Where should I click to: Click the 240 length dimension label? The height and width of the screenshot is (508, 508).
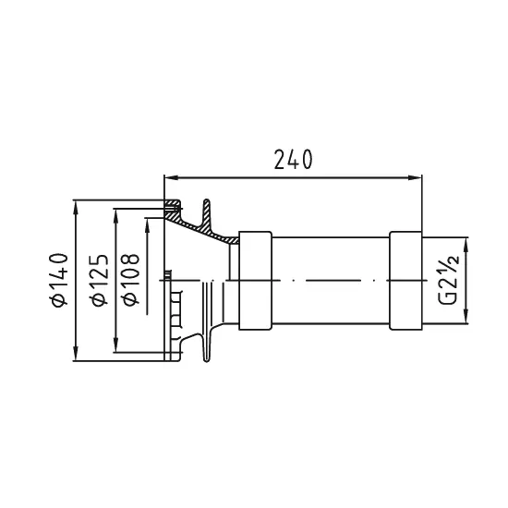[x=293, y=160]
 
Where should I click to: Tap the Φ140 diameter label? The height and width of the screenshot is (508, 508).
[x=59, y=280]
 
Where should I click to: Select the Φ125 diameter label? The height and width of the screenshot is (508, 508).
[x=99, y=280]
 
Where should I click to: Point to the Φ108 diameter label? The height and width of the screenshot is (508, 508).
[x=130, y=280]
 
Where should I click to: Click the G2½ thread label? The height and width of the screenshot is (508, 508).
[x=449, y=280]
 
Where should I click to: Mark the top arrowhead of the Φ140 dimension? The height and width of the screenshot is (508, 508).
[x=76, y=207]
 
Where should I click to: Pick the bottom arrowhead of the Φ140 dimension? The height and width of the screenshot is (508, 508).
[x=76, y=354]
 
